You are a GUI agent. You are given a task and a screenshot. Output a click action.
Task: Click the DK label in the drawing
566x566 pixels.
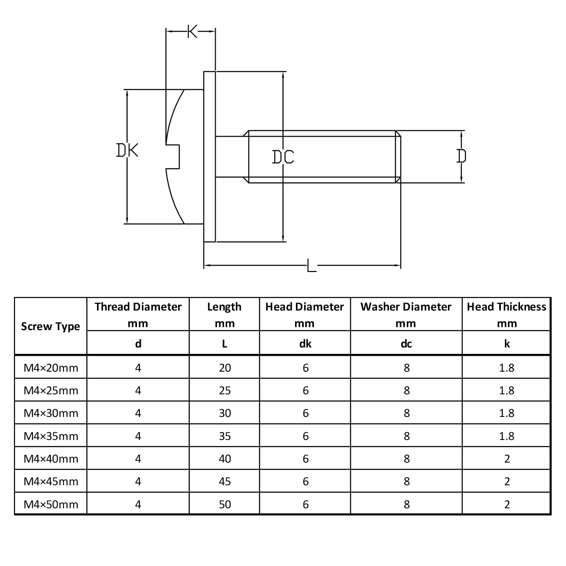127,150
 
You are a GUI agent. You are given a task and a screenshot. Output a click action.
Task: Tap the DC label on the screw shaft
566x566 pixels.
283,157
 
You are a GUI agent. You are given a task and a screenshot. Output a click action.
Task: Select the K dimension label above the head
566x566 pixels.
192,32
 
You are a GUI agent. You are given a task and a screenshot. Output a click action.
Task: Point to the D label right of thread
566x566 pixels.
461,156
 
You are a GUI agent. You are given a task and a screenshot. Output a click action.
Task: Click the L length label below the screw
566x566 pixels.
311,265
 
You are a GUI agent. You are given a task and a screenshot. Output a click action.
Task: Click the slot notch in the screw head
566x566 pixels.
173,156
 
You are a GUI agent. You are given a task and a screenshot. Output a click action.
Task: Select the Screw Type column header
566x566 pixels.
51,326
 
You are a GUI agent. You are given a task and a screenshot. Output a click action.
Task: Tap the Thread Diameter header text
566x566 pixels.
138,307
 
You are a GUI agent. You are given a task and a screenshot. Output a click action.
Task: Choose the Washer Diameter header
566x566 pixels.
406,307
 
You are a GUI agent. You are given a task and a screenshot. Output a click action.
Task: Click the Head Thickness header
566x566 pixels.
506,307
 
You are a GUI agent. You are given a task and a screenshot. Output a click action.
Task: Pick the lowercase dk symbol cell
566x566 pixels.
305,343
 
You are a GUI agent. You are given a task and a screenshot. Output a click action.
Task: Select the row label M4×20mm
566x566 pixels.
51,368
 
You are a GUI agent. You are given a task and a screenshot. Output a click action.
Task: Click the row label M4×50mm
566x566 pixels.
51,504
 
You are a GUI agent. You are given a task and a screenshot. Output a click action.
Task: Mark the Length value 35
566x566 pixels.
225,436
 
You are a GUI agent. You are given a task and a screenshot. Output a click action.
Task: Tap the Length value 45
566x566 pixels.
225,481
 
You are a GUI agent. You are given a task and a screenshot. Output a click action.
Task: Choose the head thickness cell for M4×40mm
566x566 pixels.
507,459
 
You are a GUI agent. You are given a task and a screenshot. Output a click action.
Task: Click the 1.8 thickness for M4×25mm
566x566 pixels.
507,391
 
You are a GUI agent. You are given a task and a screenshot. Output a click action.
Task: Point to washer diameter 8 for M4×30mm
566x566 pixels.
406,413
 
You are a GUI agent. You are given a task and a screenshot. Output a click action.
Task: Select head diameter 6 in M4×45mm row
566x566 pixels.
306,481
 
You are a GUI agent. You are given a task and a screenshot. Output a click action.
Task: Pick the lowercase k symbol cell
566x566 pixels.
507,343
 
